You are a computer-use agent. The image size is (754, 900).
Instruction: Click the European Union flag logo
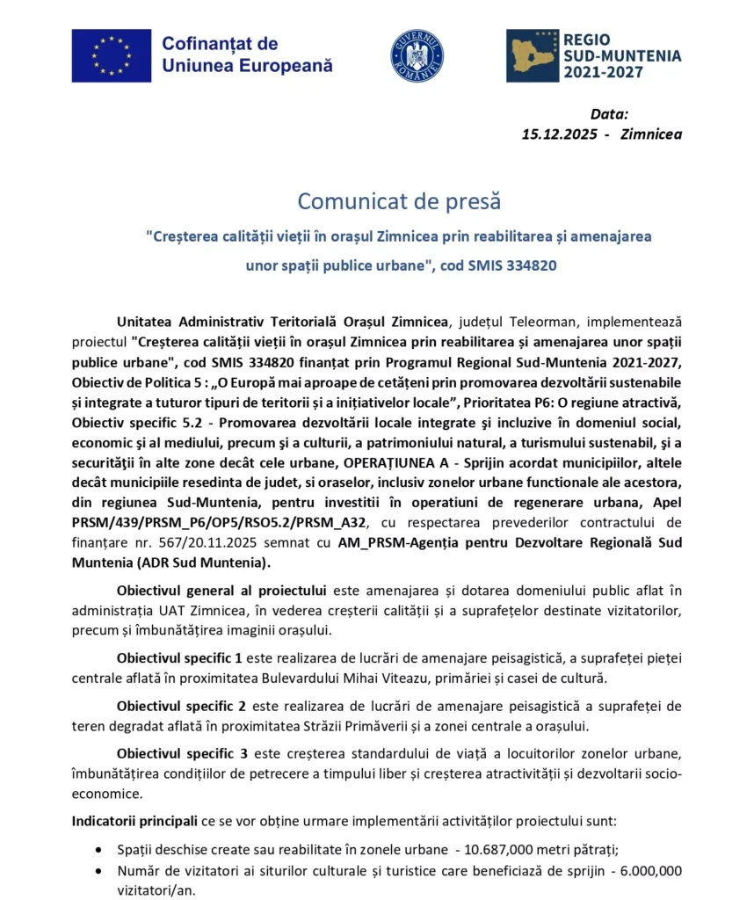click(111, 55)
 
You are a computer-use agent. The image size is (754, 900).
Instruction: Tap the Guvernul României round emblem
click(417, 56)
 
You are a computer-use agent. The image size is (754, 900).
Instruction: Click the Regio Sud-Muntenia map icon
click(531, 55)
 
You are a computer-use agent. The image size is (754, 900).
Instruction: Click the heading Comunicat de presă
click(399, 201)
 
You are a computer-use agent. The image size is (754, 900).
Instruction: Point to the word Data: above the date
click(609, 114)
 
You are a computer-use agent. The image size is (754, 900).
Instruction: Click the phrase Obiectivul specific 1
click(179, 657)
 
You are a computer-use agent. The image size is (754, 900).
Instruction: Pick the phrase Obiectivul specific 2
click(179, 706)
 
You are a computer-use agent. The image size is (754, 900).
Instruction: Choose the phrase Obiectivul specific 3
click(179, 754)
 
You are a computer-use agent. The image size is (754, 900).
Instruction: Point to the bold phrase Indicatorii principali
click(134, 822)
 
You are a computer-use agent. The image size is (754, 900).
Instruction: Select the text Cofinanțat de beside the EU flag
click(220, 44)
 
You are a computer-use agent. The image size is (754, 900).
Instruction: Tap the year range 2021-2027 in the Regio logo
click(602, 72)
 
